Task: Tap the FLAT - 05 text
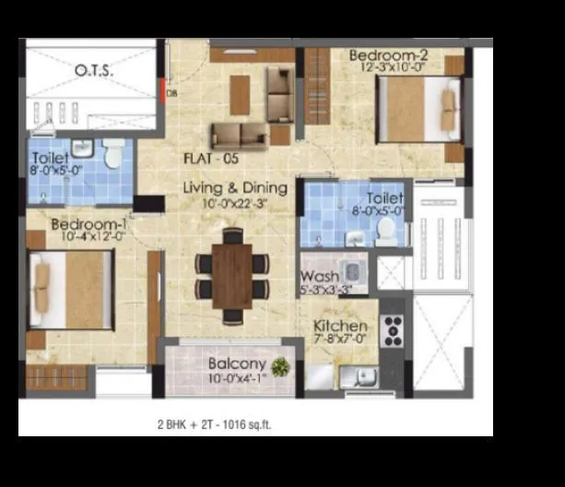(211, 158)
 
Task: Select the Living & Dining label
(235, 188)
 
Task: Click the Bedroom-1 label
(88, 224)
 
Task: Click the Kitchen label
(340, 327)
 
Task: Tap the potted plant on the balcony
(279, 367)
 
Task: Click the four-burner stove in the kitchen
(393, 330)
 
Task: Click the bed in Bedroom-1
(70, 289)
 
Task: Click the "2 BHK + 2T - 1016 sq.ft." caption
(214, 425)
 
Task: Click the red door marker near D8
(163, 90)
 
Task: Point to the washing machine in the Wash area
(352, 274)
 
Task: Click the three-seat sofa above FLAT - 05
(239, 136)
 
